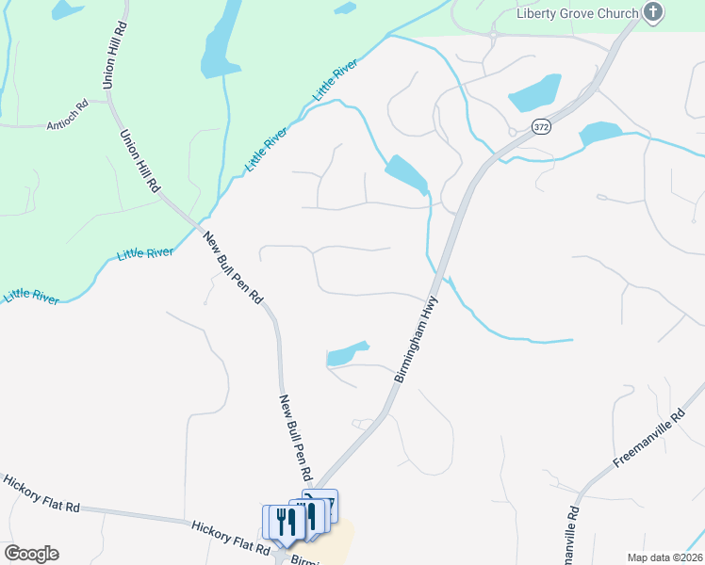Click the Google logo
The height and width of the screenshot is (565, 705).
click(x=31, y=554)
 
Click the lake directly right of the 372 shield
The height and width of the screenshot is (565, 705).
click(x=599, y=133)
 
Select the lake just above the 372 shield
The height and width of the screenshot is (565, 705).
click(x=534, y=92)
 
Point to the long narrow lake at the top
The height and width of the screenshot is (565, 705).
click(x=221, y=40)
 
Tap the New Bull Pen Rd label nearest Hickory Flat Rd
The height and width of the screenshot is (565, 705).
click(x=296, y=437)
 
